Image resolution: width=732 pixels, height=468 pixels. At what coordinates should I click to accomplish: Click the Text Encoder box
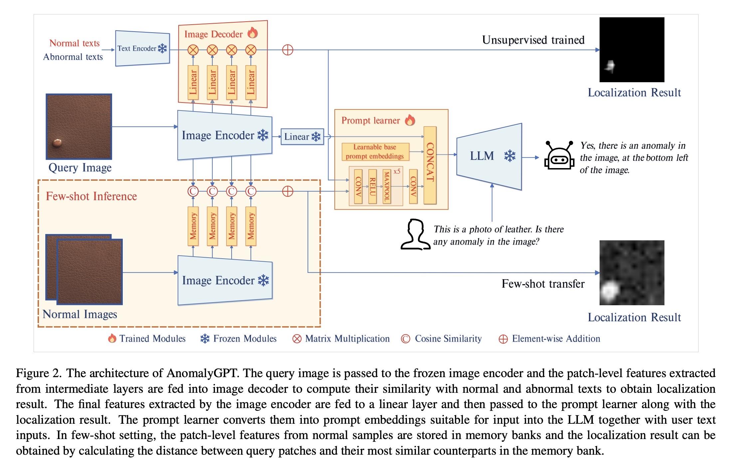coord(142,49)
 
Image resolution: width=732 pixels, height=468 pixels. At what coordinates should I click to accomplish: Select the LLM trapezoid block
coord(489,156)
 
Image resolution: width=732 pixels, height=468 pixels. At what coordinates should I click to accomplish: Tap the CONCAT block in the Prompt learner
coord(430,165)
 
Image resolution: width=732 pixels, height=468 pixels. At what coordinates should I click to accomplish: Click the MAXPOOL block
coord(386,186)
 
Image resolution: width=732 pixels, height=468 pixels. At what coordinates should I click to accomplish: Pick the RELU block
coord(372,186)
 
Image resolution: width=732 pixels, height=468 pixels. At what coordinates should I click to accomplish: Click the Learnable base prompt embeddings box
coord(375,151)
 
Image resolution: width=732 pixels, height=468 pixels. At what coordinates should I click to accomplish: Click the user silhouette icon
coord(414,234)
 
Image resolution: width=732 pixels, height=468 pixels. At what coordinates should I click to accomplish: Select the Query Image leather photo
coord(79,126)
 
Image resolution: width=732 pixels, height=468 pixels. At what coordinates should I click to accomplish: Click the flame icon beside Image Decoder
coord(253,33)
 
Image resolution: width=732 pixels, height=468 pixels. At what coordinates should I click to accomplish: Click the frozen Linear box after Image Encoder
coord(302,137)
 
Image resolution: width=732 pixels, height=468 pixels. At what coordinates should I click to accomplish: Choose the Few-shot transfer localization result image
coord(632,273)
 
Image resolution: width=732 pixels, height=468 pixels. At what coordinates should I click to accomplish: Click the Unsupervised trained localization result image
coord(632,50)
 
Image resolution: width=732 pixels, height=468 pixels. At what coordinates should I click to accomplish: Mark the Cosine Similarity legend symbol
coord(406,339)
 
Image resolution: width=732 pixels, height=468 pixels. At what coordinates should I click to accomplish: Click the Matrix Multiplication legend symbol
coord(296,339)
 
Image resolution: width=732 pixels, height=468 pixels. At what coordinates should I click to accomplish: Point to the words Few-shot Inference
coord(91,196)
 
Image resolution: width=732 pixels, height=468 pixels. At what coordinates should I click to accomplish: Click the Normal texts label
coord(75,43)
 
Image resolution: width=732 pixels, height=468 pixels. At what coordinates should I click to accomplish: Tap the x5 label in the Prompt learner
coord(397,171)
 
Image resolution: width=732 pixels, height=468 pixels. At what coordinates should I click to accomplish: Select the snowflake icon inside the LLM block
coord(510,156)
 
